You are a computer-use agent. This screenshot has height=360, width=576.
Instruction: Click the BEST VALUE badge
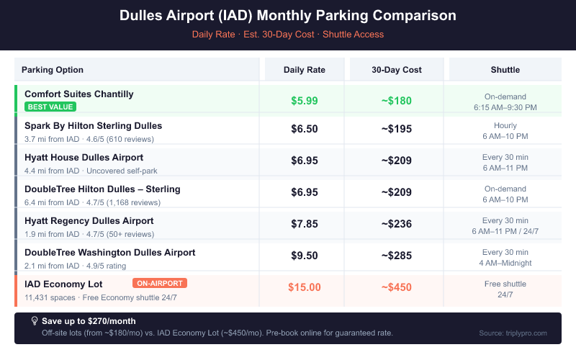coord(50,107)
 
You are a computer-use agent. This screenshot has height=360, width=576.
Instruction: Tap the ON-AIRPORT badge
coord(160,283)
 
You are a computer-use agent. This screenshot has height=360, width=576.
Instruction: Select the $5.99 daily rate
coord(305,101)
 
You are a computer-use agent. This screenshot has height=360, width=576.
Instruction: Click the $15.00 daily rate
coord(305,287)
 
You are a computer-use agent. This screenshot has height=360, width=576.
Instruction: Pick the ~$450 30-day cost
coord(397,287)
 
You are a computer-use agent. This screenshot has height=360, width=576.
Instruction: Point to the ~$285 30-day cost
coord(397,256)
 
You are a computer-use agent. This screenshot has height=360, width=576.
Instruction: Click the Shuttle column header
coord(505,70)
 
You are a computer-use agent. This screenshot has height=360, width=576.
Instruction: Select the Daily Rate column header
coord(305,70)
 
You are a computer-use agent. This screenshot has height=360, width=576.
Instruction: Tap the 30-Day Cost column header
coord(397,70)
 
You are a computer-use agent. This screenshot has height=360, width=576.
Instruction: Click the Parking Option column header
coord(53,70)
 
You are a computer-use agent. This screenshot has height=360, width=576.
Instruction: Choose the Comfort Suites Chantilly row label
coord(79,94)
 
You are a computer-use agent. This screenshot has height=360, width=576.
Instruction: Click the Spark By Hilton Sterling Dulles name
coord(94,126)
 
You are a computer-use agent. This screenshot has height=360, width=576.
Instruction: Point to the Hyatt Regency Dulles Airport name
coord(89,221)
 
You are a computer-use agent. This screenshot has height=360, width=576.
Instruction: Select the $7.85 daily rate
coord(305,224)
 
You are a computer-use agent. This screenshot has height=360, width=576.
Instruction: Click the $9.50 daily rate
coord(305,256)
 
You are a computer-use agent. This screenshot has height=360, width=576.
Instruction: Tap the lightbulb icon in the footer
coord(34,320)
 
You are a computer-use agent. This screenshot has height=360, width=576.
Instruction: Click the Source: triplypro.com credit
coord(513,333)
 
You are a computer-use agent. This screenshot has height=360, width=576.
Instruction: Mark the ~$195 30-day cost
coord(397,129)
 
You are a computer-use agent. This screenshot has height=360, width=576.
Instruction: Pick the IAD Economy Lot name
coord(63,284)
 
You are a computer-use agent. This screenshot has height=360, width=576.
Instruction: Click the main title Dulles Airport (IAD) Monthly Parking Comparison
coord(288,16)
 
